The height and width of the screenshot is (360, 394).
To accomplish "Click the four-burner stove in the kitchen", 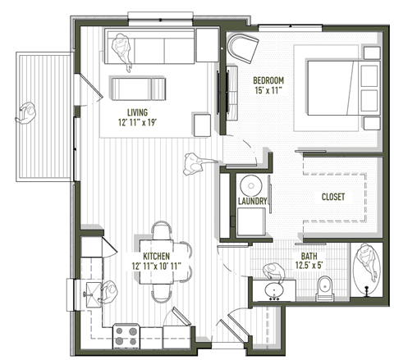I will tap(126, 335).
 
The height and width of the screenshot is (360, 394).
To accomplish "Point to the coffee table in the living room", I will tap(137, 86).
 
